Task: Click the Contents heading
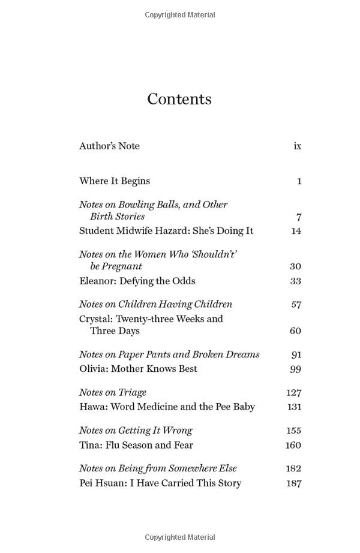pos(179,99)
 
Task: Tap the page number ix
pos(297,146)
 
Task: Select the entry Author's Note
pos(109,146)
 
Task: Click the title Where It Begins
pos(115,181)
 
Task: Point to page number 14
pos(296,231)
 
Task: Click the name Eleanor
pos(95,281)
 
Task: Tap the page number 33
pos(295,281)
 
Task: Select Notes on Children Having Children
pos(155,304)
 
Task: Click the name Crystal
pos(95,318)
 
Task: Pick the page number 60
pos(295,330)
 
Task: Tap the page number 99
pos(295,369)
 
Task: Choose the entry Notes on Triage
pos(113,392)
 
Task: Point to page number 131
pos(294,407)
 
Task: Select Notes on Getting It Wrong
pos(136,430)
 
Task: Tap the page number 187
pos(294,483)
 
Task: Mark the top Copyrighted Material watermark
pos(180,15)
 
